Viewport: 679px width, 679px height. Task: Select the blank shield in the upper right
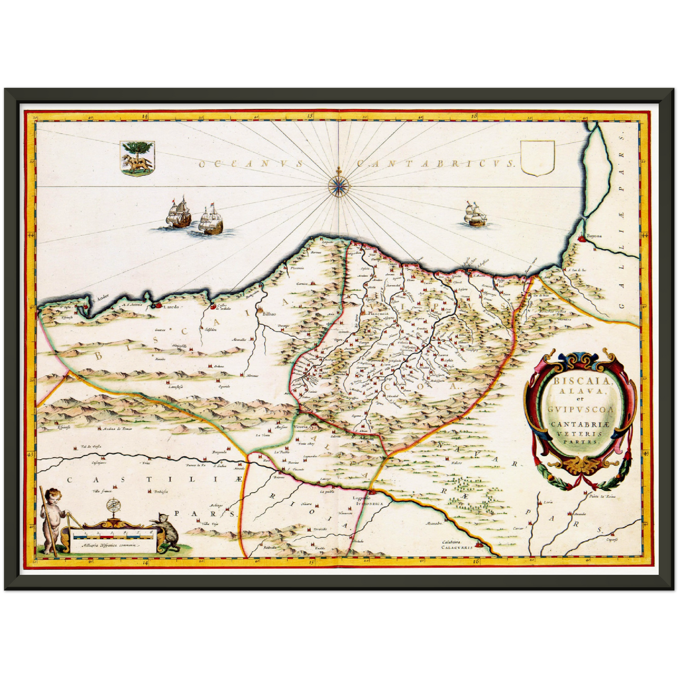538,158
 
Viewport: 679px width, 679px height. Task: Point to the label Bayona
594,237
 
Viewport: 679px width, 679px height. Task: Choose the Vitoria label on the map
300,427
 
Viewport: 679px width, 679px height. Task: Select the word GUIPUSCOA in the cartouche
581,409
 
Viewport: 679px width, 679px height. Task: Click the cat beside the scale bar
168,531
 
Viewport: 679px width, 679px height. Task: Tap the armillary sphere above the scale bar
113,507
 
